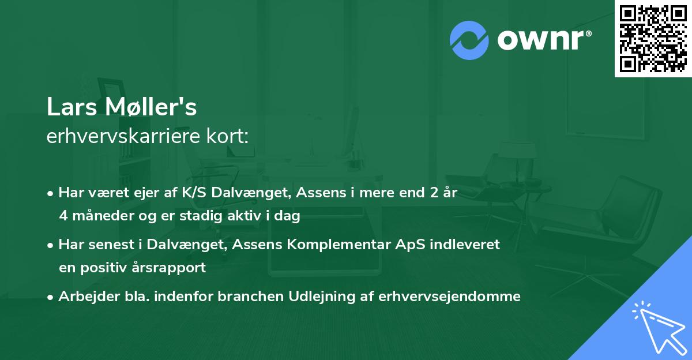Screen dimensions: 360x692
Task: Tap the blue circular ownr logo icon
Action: (469, 40)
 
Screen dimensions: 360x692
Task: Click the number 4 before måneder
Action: (63, 216)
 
